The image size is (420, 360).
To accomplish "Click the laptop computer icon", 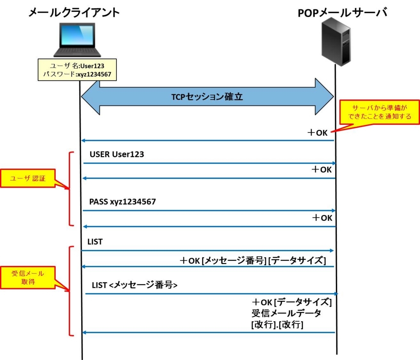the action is pos(77,40).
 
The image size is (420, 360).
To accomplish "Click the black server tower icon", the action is pos(336,41).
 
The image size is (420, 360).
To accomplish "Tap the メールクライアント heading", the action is pos(74,12).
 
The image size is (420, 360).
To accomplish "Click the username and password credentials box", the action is pos(77,70).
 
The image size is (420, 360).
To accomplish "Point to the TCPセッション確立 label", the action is pos(207,96).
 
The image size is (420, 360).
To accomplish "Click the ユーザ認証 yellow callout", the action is pos(28,178).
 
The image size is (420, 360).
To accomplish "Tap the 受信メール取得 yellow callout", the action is pos(28,277).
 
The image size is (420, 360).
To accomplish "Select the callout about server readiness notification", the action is pos(379,112).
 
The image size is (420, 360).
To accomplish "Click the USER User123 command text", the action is pos(117,154).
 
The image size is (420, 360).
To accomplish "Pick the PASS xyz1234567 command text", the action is pos(122,202).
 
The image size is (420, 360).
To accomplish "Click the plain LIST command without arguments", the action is pos(95,242).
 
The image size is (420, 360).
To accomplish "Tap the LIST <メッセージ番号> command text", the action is pos(135,285).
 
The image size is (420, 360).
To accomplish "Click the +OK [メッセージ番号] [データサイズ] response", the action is pos(253,261).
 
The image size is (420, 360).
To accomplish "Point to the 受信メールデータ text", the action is pos(286,313).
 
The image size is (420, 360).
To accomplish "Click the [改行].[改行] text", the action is pos(277,325).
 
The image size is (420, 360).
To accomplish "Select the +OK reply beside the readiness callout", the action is pos(317,133).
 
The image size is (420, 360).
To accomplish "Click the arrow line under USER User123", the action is pos(210,163).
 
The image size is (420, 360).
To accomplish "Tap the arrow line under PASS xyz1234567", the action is pos(209,211).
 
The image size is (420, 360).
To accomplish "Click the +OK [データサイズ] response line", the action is pos(292,303).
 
